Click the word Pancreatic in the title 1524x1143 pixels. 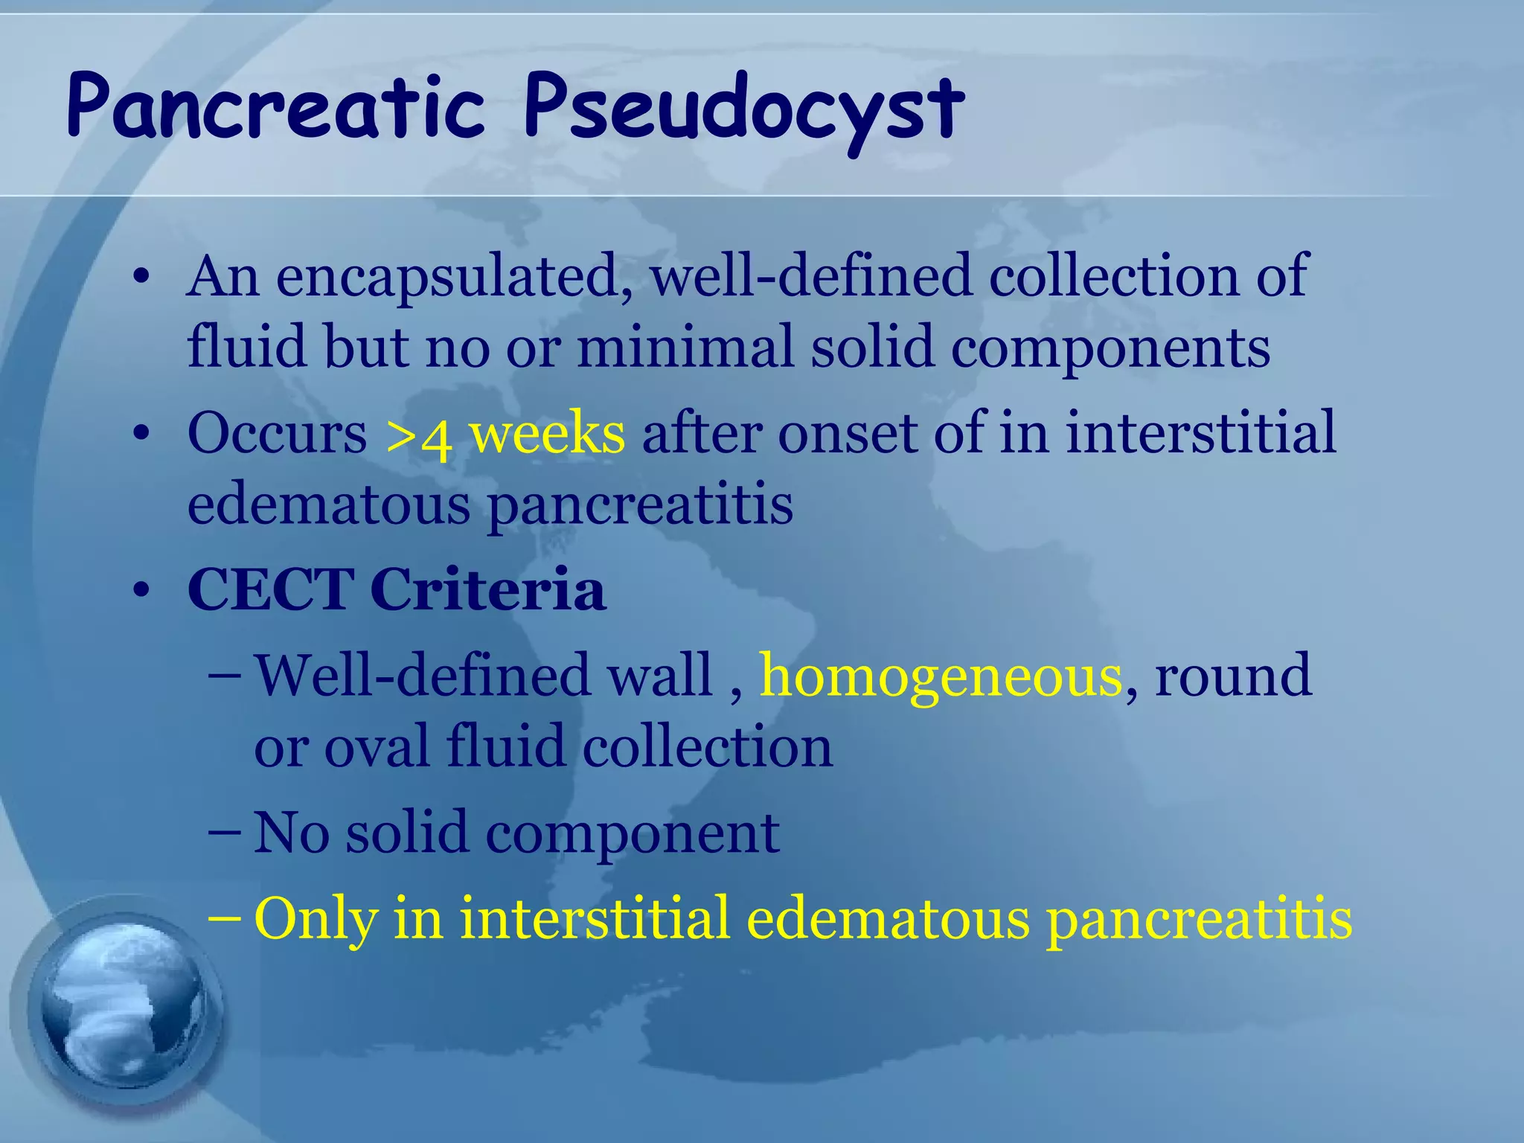pos(275,106)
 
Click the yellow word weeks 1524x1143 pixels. pos(547,433)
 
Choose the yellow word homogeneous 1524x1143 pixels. pos(940,677)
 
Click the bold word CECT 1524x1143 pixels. pos(271,589)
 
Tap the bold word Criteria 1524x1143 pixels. pos(487,589)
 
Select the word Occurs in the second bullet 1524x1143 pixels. pos(277,433)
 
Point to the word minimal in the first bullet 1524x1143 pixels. pos(685,348)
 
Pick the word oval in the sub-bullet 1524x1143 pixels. pos(377,746)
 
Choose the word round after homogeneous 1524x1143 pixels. pos(1232,676)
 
